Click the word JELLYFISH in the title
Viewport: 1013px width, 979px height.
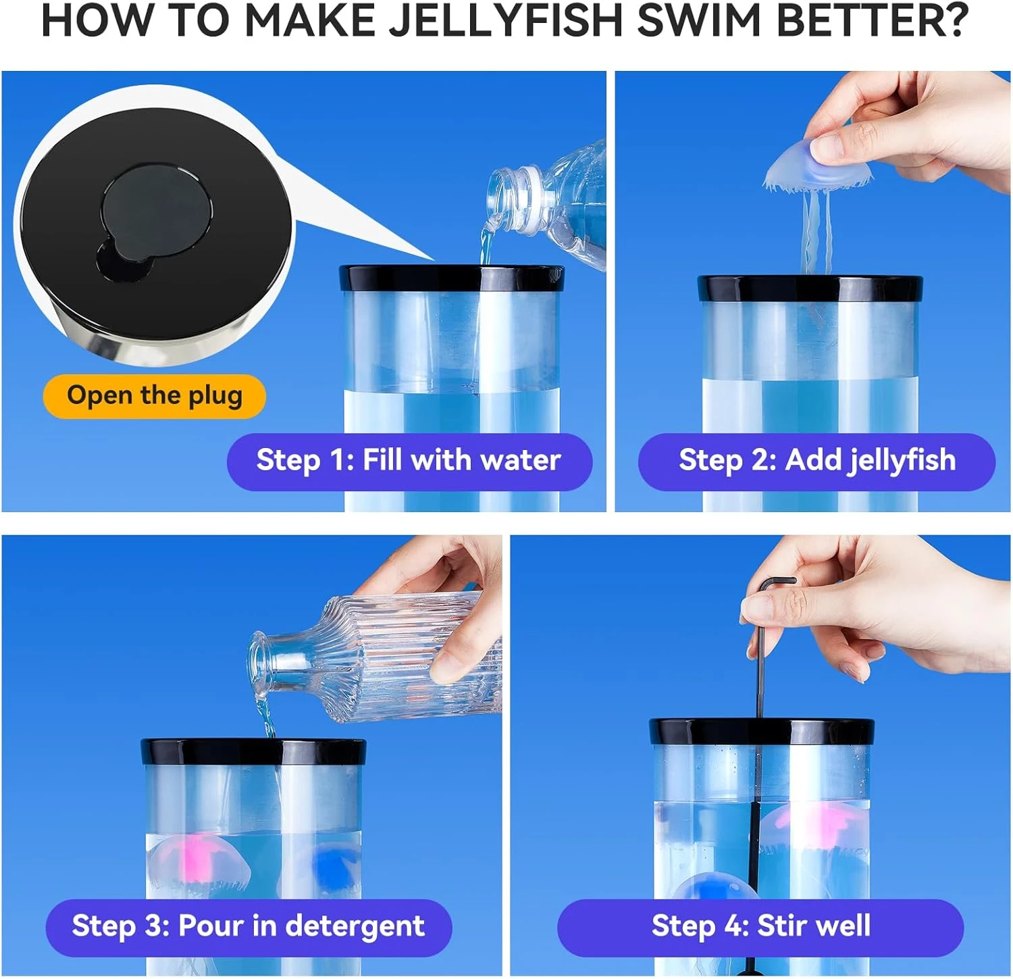pyautogui.click(x=505, y=20)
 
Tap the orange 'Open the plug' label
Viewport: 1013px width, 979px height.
pyautogui.click(x=155, y=396)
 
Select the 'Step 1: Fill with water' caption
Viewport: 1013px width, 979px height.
pyautogui.click(x=409, y=461)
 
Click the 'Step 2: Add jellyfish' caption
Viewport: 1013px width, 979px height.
pyautogui.click(x=817, y=461)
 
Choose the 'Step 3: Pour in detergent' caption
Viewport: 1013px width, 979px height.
pyautogui.click(x=249, y=926)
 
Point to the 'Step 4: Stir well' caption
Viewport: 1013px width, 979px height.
pyautogui.click(x=760, y=926)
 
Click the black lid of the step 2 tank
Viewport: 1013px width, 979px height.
pyautogui.click(x=810, y=288)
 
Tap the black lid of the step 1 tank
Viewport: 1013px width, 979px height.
pyautogui.click(x=451, y=278)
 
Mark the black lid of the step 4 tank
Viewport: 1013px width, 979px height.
pyautogui.click(x=762, y=732)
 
